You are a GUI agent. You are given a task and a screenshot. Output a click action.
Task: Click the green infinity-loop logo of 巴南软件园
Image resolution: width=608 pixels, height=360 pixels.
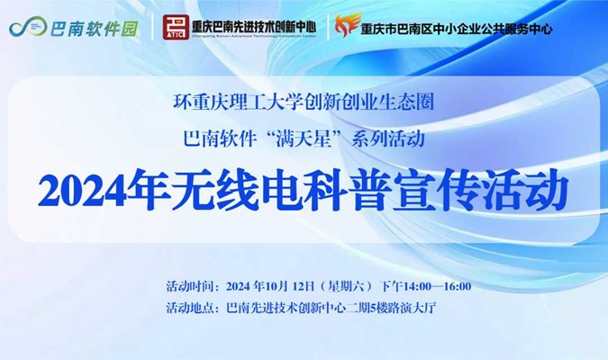click(x=28, y=27)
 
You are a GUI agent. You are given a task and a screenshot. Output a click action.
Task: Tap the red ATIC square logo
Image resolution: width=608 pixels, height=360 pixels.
click(x=176, y=27)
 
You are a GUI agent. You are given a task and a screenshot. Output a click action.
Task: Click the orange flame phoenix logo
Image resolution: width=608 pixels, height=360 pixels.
click(x=348, y=24)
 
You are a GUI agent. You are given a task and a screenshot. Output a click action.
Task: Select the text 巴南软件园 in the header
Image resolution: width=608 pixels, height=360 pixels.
click(x=95, y=28)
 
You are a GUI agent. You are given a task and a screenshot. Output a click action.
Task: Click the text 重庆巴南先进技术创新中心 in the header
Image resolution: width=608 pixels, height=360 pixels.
click(x=254, y=26)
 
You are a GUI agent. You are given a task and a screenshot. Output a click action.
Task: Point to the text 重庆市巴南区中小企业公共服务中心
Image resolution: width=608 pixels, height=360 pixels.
click(x=457, y=29)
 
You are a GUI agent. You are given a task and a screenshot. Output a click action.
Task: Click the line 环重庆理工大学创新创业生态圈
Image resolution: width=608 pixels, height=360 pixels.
click(x=304, y=103)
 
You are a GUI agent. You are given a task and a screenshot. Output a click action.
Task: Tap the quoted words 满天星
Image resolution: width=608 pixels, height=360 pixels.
click(x=304, y=139)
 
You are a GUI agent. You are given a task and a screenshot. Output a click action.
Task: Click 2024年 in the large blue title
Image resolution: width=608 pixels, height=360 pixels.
click(x=104, y=191)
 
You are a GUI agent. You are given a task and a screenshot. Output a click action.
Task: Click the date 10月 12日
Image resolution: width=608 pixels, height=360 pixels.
click(x=289, y=286)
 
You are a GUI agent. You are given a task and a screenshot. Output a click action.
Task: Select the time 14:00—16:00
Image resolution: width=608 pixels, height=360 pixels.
click(x=438, y=286)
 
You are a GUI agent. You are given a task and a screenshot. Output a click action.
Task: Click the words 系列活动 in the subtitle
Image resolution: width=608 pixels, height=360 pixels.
click(x=388, y=139)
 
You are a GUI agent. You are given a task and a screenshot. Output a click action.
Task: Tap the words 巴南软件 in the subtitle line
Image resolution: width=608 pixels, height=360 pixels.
click(x=220, y=139)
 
